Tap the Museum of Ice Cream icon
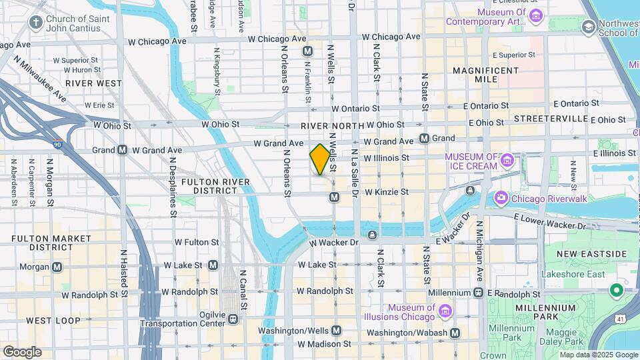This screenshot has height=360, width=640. [x=507, y=161]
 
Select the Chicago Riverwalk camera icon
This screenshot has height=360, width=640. [x=501, y=198]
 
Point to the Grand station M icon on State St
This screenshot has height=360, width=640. [x=423, y=138]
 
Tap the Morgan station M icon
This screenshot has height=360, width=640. [x=57, y=267]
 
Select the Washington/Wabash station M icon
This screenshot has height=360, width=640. [x=455, y=333]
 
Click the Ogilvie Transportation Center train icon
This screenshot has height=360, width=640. [x=233, y=318]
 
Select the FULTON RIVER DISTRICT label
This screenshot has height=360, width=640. [x=215, y=186]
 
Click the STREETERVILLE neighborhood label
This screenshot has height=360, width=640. [x=551, y=119]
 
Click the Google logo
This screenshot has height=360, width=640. [x=23, y=351]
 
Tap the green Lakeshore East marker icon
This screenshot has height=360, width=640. [x=617, y=291]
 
